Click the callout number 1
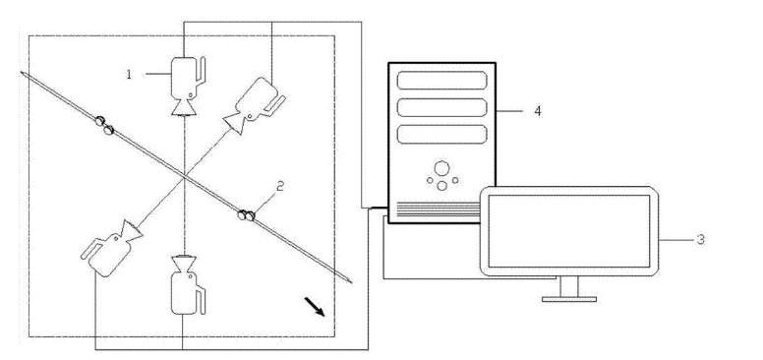pos(129,75)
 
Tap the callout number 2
pos(280,187)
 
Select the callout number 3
pos(700,239)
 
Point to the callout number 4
pos(537,111)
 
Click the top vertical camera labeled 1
pos(187,86)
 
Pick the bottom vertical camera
pos(188,284)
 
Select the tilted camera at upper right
pos(254,105)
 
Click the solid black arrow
pos(315,307)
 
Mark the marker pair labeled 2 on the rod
pos(246,214)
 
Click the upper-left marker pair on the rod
pos(104,125)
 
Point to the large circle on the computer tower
pos(441,168)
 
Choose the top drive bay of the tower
pos(441,81)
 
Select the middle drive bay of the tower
pos(441,107)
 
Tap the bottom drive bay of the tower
pos(441,135)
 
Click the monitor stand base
pos(569,299)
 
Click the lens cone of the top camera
pos(184,107)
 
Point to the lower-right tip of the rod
pos(351,281)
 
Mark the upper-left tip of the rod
pos(22,73)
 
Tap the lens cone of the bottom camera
pos(185,264)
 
